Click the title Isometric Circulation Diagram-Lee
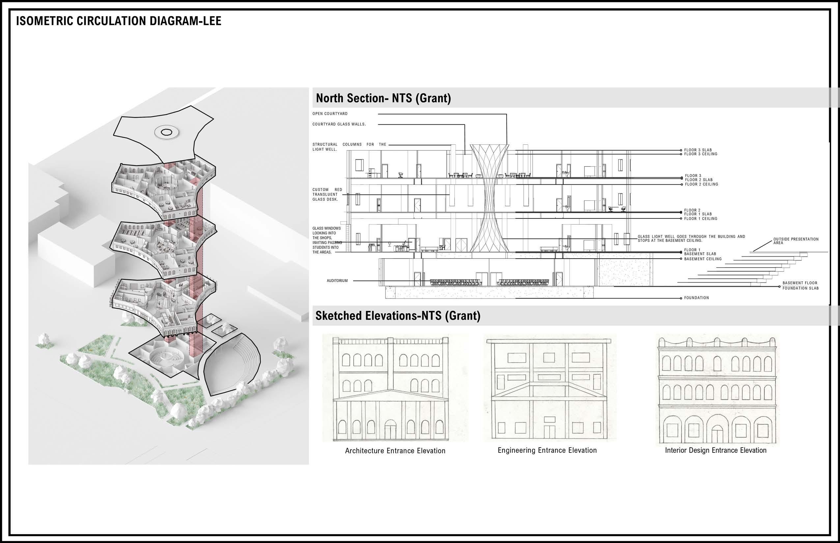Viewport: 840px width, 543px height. [119, 21]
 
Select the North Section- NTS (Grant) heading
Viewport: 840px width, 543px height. [383, 98]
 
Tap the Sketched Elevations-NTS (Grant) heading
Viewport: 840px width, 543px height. [398, 316]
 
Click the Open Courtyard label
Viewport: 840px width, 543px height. [330, 114]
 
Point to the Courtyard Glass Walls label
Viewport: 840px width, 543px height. [339, 124]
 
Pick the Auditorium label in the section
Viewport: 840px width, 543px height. [337, 281]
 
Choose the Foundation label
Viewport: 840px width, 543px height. [696, 298]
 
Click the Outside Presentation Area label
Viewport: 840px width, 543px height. [796, 241]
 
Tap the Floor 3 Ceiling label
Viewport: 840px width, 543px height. [701, 154]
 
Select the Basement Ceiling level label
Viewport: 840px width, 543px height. [703, 259]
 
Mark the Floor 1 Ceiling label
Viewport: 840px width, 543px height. [701, 219]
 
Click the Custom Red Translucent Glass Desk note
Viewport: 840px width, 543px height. [327, 194]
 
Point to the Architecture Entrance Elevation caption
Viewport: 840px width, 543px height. [395, 451]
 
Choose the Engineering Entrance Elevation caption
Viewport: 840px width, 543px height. [547, 450]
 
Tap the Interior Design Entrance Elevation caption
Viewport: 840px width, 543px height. [715, 450]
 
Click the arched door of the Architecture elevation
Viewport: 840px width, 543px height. [390, 428]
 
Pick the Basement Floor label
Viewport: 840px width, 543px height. [800, 283]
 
